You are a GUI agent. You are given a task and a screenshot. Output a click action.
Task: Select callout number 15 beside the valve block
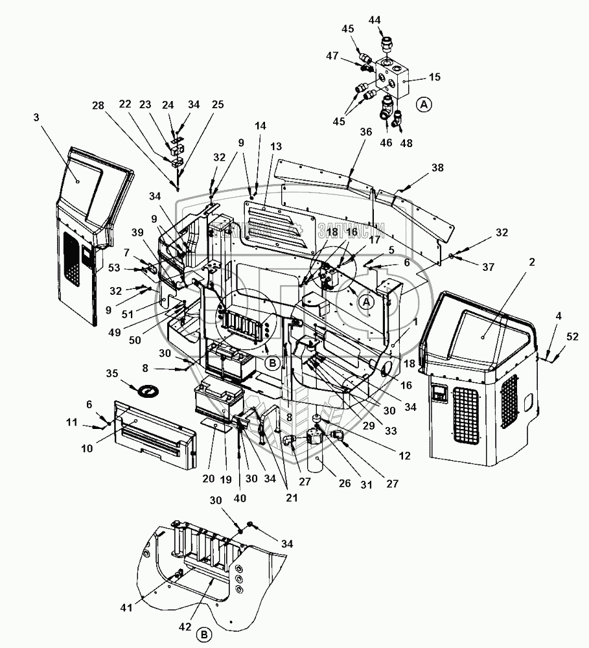click(434, 76)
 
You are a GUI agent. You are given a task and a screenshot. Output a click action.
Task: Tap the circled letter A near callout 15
click(423, 103)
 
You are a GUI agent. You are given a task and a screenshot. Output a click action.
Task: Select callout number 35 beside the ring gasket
click(112, 374)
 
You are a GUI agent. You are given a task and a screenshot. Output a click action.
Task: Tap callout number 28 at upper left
click(98, 105)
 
